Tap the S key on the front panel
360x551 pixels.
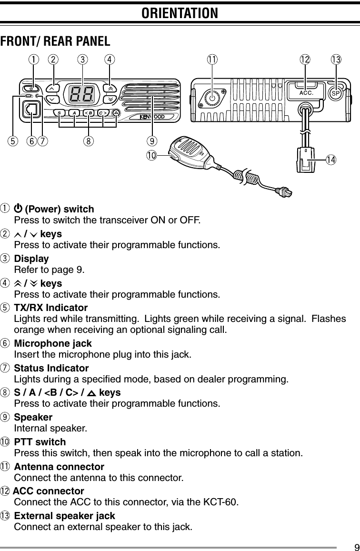point(60,113)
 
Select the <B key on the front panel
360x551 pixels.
point(89,113)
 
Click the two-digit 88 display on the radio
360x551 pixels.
point(81,95)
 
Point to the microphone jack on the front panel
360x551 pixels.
point(31,111)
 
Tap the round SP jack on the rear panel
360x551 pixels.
point(335,93)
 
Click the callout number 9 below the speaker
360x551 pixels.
point(151,140)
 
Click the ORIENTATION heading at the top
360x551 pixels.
point(180,13)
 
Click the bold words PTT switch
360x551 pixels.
point(40,442)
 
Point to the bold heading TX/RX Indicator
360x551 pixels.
point(51,307)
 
